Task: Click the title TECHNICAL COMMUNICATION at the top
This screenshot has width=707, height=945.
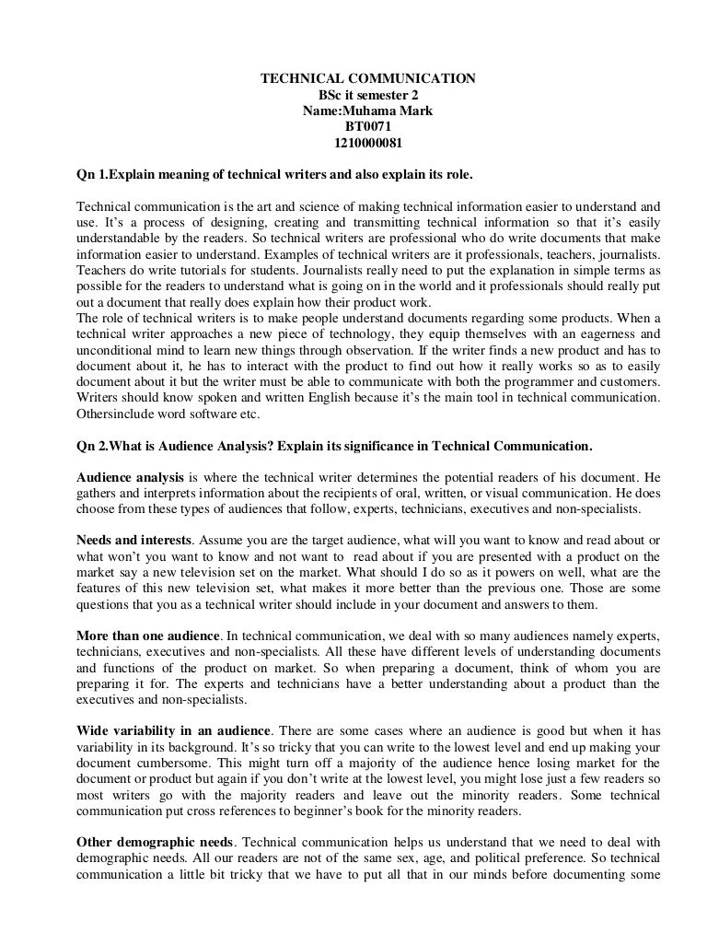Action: click(367, 79)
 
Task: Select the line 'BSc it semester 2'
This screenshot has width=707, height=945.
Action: click(367, 96)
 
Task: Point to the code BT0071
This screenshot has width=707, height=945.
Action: click(367, 128)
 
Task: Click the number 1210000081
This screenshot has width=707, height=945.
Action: click(367, 144)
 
